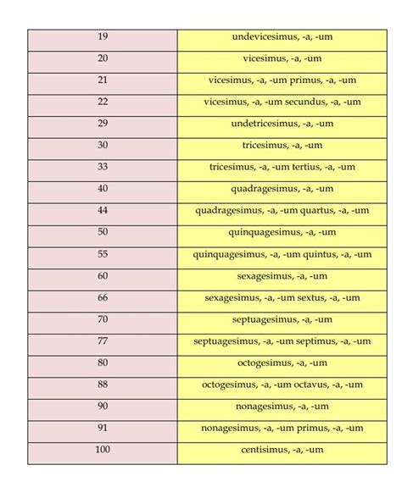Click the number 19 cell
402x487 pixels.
(103, 37)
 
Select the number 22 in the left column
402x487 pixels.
(103, 102)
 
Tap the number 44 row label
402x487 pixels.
(103, 210)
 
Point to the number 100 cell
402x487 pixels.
(103, 450)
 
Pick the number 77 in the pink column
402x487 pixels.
(103, 341)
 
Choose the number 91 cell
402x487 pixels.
(103, 428)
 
